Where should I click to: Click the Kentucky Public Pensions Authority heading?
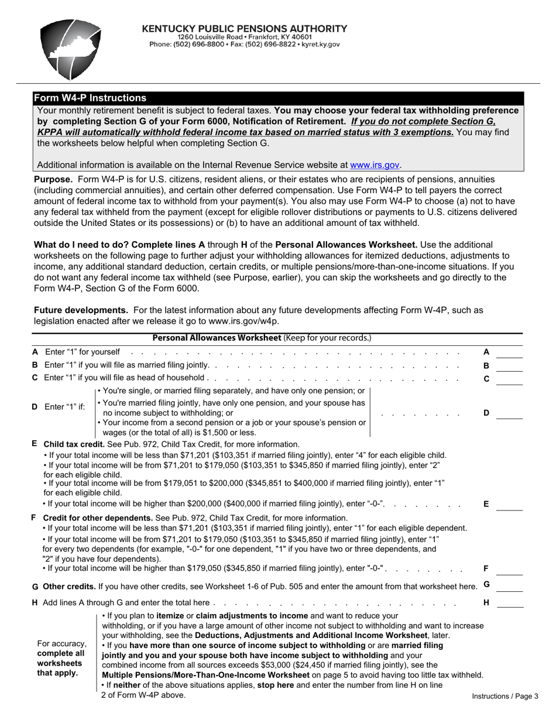pyautogui.click(x=245, y=28)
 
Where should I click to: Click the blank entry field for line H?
pyautogui.click(x=510, y=602)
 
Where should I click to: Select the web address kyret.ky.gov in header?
pyautogui.click(x=320, y=44)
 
